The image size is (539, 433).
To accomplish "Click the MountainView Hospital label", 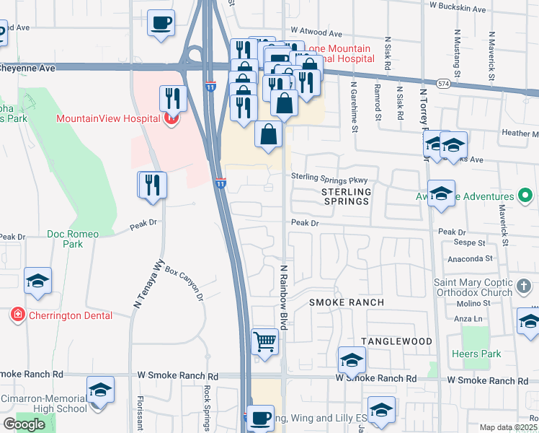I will point(108,118).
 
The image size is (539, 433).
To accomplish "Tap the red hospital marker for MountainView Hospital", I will point(171,118).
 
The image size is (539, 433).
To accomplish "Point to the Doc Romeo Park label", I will point(74,239).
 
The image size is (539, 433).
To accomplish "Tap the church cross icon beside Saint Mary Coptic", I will point(525,289).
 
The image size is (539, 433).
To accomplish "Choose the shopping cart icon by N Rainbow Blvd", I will point(265,341).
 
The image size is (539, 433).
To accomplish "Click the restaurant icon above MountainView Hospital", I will point(173,98).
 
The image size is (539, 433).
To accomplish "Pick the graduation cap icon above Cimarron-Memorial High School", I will point(101,390).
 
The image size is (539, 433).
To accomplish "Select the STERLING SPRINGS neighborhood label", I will point(345,196).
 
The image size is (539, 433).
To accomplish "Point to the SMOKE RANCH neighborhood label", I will point(347,302).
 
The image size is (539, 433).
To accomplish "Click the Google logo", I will point(24,424).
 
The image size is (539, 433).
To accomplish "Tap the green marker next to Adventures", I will point(525,196).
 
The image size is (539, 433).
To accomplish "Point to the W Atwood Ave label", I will point(315,34).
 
